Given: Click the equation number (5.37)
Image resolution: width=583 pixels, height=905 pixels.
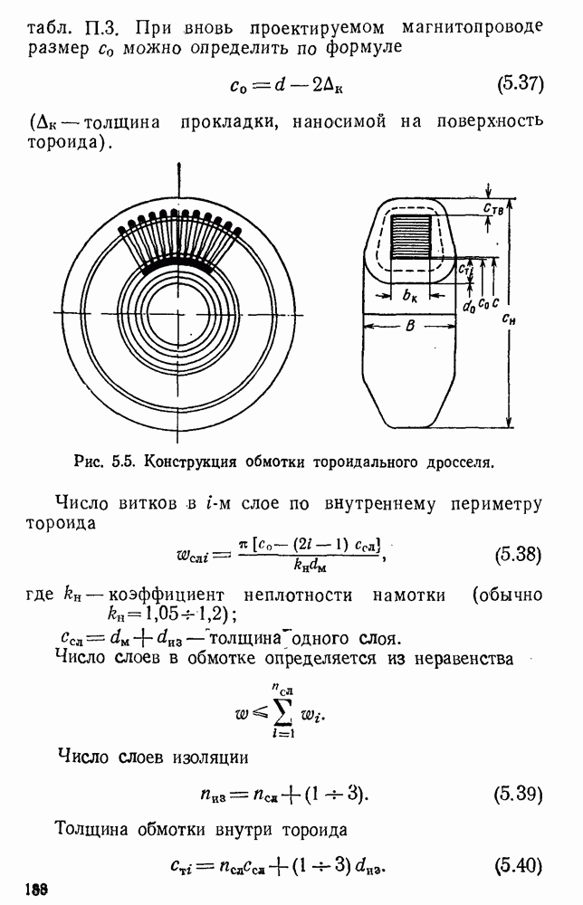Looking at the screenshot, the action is (x=520, y=85).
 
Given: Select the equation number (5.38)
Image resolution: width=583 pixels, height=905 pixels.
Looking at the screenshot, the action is (x=519, y=556).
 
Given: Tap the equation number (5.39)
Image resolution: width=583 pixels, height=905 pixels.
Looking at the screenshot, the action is (x=519, y=795).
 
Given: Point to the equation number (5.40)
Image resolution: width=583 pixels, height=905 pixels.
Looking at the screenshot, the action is (x=519, y=866).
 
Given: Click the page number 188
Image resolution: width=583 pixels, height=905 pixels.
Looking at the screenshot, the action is (x=37, y=890).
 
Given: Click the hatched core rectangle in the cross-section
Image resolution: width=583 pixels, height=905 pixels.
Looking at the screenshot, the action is (x=411, y=236).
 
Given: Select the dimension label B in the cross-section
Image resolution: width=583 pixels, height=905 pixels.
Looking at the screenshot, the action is (x=410, y=326).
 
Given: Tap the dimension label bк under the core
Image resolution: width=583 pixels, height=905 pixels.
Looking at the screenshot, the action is (x=410, y=296).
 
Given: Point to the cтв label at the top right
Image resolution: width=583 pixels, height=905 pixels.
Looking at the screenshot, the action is (x=493, y=209).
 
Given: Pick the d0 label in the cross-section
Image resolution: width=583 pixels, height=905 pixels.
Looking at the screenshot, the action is (x=469, y=305).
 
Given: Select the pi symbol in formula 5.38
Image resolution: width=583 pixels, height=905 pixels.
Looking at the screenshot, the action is (x=243, y=545).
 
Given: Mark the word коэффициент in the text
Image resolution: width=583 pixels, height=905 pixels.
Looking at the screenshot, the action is (x=166, y=595).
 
